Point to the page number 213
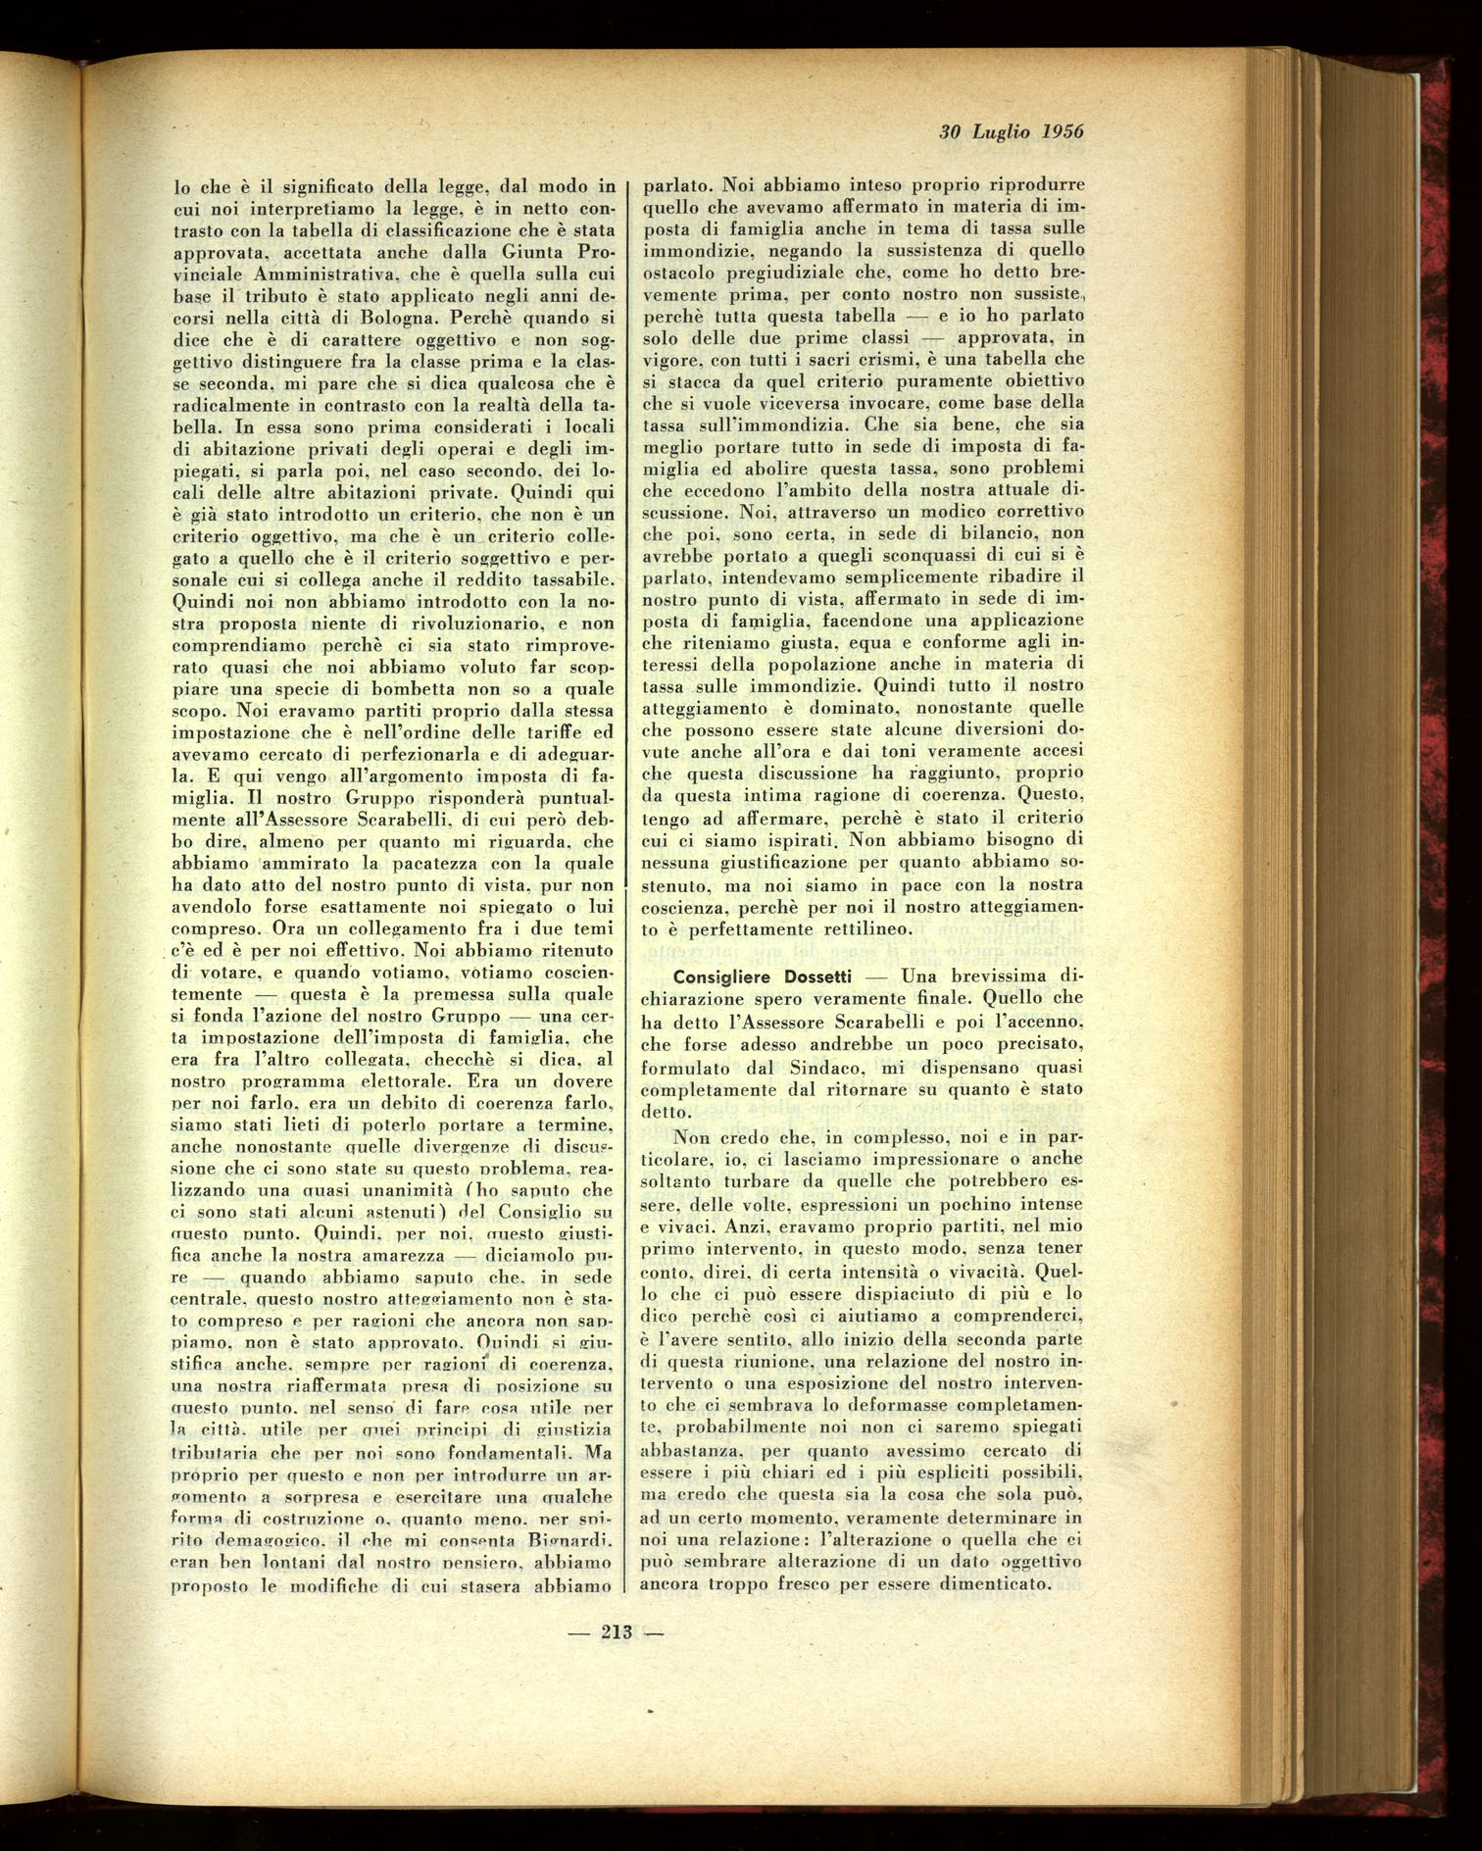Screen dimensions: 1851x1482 pyautogui.click(x=617, y=1632)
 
